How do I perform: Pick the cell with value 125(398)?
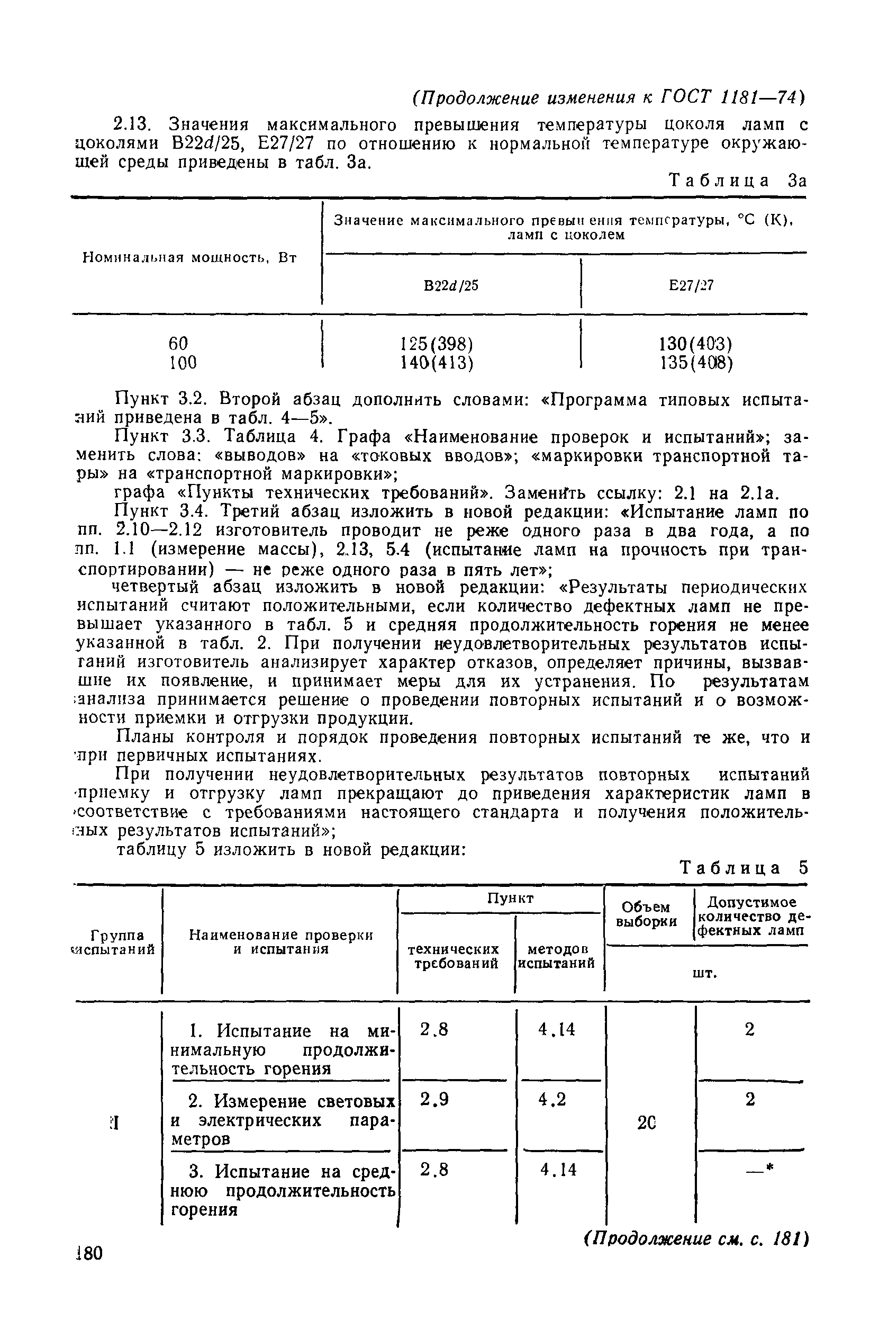436,344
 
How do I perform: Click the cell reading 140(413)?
436,363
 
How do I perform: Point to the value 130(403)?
695,344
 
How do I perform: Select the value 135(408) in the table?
696,363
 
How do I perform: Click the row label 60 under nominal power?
178,343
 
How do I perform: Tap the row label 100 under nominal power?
183,363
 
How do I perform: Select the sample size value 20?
646,1123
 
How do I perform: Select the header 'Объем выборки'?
646,914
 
